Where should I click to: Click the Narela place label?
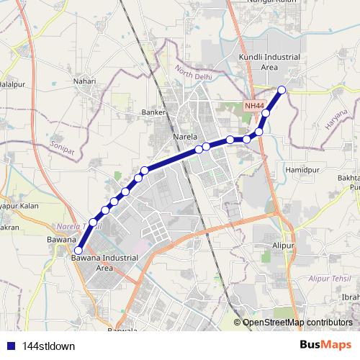pos(185,135)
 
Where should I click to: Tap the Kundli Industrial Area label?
pos(258,61)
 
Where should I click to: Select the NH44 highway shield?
pos(254,105)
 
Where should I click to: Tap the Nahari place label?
pos(84,81)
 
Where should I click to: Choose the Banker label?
pos(154,112)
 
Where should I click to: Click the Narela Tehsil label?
pos(81,225)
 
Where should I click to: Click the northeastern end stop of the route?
pos(282,89)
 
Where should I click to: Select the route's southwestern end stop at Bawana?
pos(77,251)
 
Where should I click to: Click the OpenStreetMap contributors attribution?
pos(297,323)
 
